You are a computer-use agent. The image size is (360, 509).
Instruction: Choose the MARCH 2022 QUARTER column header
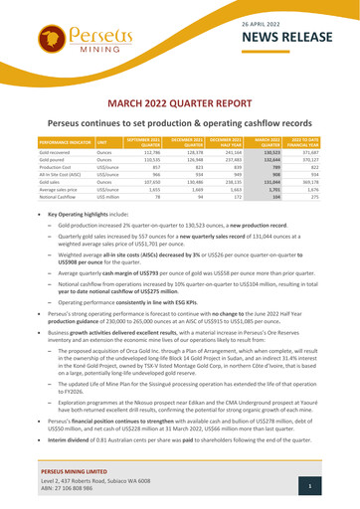(261, 144)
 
